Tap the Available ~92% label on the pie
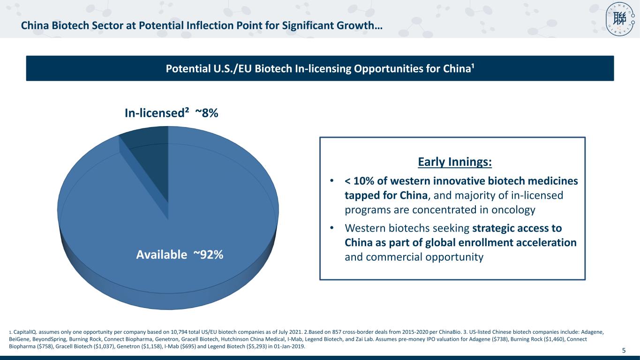180,255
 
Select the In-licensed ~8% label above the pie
172,113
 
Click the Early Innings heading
455,162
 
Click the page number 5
624,350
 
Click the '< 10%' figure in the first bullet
360,181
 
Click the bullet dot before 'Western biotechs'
331,228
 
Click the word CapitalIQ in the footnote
25,332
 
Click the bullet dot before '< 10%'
331,181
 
